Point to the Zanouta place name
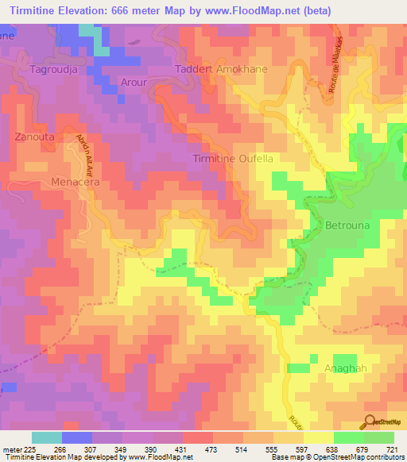pos(34,137)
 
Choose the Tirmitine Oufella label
pos(234,159)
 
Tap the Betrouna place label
pos(347,225)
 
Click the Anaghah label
pos(345,368)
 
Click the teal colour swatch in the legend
pos(47,437)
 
